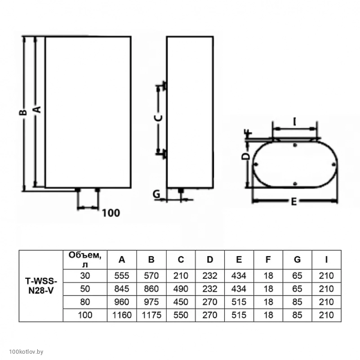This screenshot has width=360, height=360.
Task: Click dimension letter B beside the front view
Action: tap(23, 112)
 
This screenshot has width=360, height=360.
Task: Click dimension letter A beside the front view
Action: tap(37, 110)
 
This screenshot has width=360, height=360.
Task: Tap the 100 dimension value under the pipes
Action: tap(111, 213)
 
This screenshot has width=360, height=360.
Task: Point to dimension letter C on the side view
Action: tap(158, 118)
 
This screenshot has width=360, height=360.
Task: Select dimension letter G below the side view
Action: tap(156, 194)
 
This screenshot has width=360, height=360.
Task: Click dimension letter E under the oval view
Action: tap(294, 202)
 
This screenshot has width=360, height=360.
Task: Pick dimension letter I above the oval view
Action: tap(294, 122)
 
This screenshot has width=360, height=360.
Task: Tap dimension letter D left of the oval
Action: tap(246, 156)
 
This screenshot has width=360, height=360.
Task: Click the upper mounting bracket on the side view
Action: tap(164, 86)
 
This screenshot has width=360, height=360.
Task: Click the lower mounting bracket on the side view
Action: tap(164, 154)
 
